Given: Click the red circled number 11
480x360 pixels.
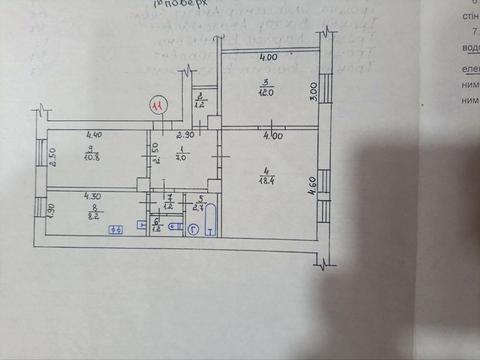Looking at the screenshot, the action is tap(156, 103).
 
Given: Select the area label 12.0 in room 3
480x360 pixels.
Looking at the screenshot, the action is tap(265, 91).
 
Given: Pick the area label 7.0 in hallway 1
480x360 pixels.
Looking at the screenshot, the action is tap(181, 156).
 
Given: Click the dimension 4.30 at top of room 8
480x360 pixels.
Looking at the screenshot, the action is tap(93, 196).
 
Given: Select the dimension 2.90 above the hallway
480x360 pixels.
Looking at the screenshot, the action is tap(184, 134).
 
